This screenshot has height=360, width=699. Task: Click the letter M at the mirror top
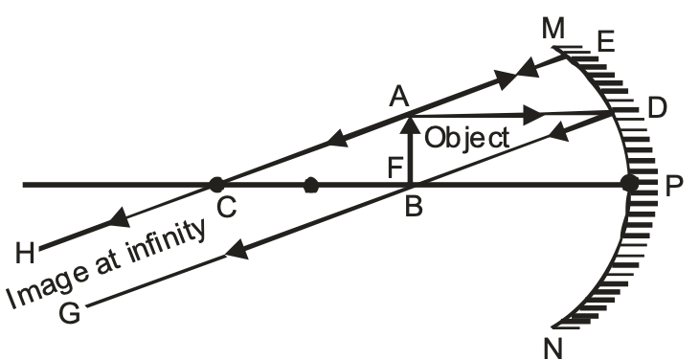point(553,30)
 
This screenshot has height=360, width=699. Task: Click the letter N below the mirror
point(552,345)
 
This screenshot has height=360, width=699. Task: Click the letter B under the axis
point(414,206)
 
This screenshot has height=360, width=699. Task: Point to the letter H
point(27,250)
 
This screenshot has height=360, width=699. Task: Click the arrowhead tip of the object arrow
point(410,116)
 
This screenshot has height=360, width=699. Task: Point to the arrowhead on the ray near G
point(230,254)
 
